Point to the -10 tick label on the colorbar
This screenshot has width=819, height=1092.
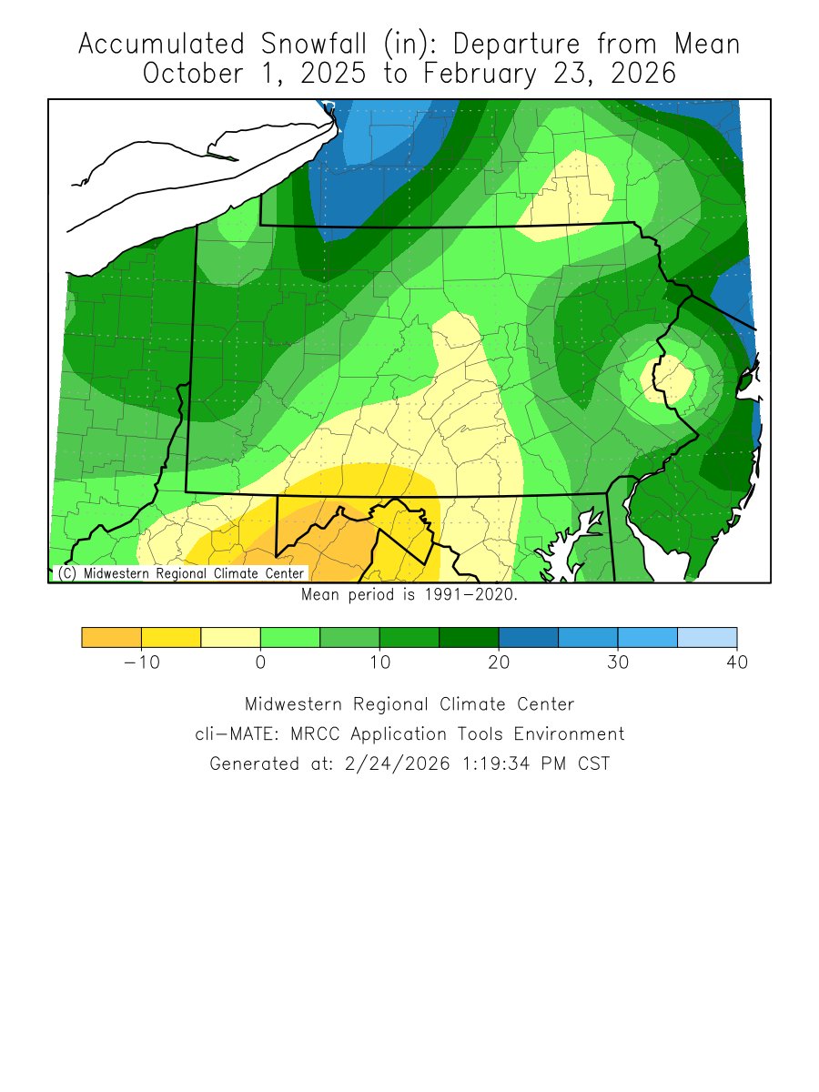pyautogui.click(x=141, y=662)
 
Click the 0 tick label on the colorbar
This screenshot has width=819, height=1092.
pyautogui.click(x=260, y=662)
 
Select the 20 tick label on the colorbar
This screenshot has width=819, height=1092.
pyautogui.click(x=499, y=662)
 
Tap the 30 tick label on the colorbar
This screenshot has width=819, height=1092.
pyautogui.click(x=618, y=662)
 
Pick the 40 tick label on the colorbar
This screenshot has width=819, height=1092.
pyautogui.click(x=736, y=662)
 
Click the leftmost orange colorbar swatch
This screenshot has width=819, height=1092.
pyautogui.click(x=111, y=637)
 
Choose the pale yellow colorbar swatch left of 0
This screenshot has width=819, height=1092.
pyautogui.click(x=230, y=637)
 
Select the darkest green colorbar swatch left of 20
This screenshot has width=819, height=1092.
pyautogui.click(x=469, y=637)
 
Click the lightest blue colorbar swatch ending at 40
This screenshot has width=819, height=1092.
pyautogui.click(x=707, y=637)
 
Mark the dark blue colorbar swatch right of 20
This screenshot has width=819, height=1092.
pyautogui.click(x=529, y=637)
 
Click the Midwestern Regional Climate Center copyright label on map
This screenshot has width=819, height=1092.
pyautogui.click(x=180, y=574)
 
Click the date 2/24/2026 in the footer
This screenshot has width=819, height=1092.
pyautogui.click(x=398, y=763)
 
